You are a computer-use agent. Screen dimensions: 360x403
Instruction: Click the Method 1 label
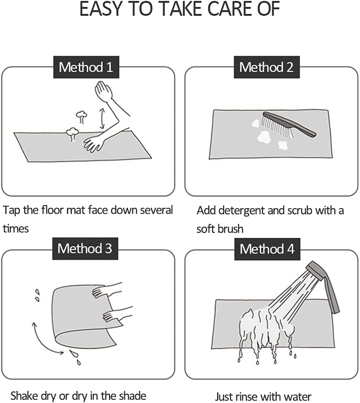coord(86,67)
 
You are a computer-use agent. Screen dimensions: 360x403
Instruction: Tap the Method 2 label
coord(267,67)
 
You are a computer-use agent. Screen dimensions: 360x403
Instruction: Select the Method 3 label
coord(85,249)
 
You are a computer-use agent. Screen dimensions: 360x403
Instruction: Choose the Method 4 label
coord(267,249)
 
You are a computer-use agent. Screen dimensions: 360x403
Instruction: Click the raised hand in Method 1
coord(103,90)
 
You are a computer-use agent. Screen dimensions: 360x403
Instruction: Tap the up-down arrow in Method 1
coord(102,118)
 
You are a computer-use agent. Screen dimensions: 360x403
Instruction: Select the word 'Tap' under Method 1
coord(11,211)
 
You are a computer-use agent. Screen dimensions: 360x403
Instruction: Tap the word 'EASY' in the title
coord(101,9)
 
